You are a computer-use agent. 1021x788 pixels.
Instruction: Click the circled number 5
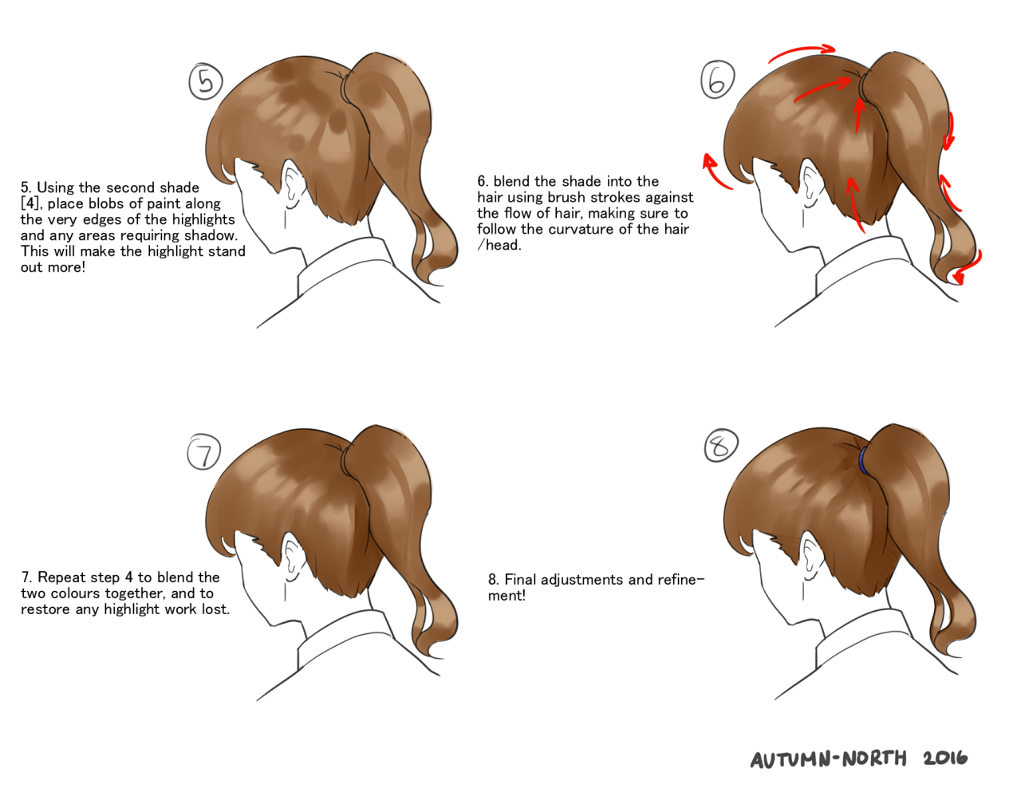point(206,81)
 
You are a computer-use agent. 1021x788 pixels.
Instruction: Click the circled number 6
point(717,80)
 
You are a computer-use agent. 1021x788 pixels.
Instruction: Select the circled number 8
point(721,445)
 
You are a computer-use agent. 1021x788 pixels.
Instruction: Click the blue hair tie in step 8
point(863,459)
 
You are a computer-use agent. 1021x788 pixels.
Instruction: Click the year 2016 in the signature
point(945,758)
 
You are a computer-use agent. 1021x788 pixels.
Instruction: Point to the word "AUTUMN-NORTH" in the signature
point(828,758)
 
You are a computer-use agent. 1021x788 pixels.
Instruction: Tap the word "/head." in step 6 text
point(499,245)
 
